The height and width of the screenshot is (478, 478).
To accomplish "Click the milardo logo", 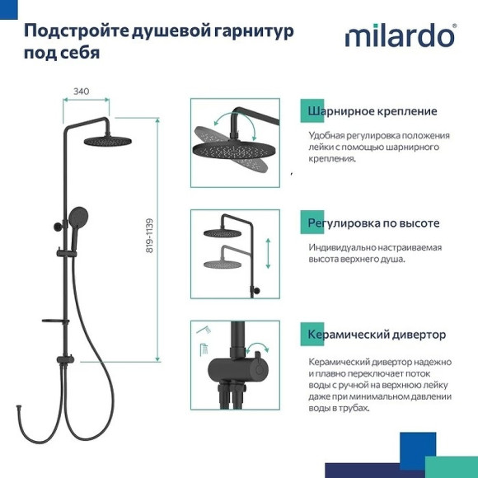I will pos(400,35).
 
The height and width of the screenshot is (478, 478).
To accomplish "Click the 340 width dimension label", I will pos(82,91).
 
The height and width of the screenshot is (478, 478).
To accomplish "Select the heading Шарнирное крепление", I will pos(372,111).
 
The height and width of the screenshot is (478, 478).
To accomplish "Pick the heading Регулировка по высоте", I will pos(373,223).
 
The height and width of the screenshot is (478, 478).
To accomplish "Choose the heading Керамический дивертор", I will pos(377,335).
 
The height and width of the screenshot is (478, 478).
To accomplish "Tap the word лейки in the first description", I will pos(321,147).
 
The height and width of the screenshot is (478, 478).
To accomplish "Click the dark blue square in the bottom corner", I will pos(416,452).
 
